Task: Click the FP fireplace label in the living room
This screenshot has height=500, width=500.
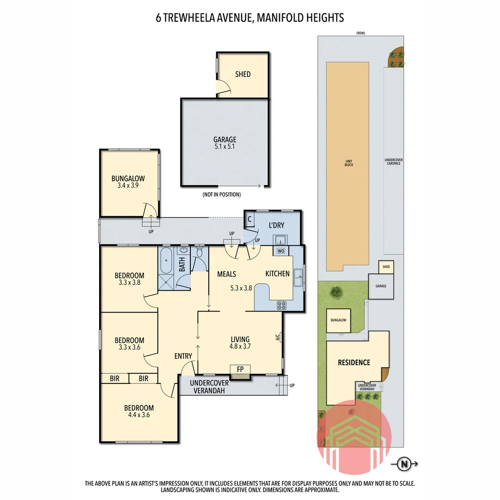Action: tap(240, 369)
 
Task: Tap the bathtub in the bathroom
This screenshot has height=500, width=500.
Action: tap(166, 262)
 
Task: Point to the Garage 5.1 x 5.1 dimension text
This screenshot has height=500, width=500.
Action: tap(225, 147)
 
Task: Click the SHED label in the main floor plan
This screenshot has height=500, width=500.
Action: tap(243, 74)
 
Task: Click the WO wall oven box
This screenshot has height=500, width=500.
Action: tap(280, 251)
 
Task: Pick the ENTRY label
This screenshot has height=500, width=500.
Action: tap(183, 356)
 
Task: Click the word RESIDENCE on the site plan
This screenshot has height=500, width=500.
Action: tap(354, 362)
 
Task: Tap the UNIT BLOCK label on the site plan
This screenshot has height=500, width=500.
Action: tap(349, 163)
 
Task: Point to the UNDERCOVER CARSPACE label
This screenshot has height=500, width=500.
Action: tap(394, 162)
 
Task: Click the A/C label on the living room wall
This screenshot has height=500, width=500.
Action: tap(277, 337)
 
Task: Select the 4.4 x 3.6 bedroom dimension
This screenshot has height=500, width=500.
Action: tap(138, 415)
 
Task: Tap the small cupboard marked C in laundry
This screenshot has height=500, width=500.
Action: tap(249, 219)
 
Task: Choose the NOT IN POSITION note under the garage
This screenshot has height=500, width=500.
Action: tap(225, 194)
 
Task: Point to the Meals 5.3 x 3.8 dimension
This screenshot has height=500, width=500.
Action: tap(241, 287)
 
